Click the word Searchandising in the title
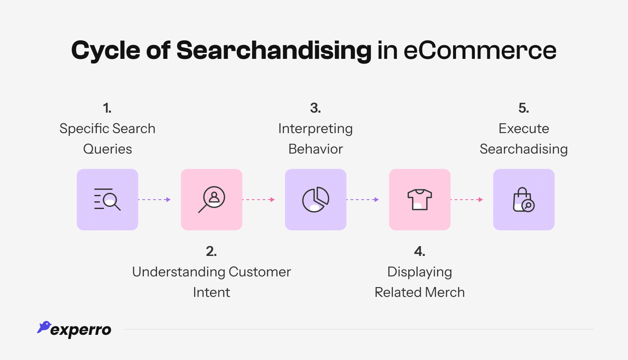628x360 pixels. point(273,50)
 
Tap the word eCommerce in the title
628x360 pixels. point(480,50)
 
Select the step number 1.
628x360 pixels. point(107,108)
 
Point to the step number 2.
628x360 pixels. point(211,252)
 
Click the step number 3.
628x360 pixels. point(315,108)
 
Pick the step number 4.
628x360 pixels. point(419,252)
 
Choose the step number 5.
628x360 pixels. point(523,108)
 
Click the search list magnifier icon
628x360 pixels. point(108,200)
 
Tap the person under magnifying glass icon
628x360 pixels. point(212,200)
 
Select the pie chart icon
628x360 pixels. point(316,200)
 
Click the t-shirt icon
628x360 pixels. point(420,200)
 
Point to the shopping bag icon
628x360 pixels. point(524,200)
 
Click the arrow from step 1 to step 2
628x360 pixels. point(154,200)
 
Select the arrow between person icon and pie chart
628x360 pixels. point(259,200)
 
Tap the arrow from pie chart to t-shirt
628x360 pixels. point(363,200)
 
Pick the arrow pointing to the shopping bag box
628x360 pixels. point(467,200)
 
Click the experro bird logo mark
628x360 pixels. point(44,327)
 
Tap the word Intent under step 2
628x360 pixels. point(211,293)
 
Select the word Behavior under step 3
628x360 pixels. point(315,149)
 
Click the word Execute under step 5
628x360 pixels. point(523,129)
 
